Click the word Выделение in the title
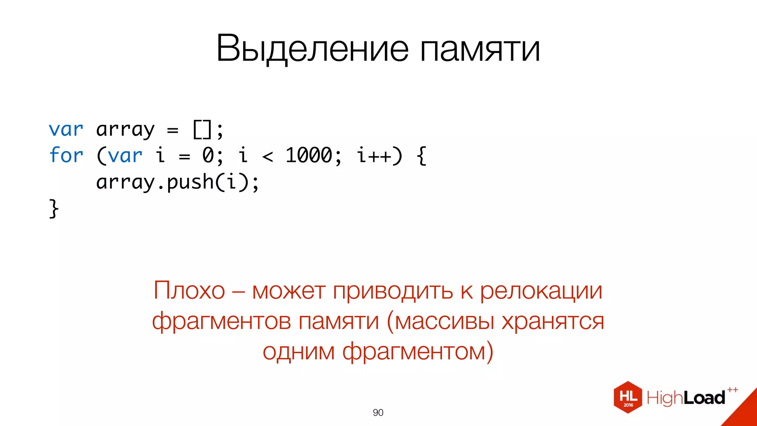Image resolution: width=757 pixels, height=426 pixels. pos(312,48)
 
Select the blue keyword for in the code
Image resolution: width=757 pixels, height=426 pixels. pos(66,155)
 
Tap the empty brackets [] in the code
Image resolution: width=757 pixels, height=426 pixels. pos(203,129)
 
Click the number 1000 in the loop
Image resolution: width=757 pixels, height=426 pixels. pos(309,155)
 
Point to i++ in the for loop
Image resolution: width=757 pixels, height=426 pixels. pos(374,155)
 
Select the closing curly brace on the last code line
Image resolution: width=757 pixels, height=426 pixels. pos(54,209)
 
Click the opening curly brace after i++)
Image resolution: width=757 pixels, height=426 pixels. pos(421,156)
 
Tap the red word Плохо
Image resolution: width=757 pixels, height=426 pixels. pos(189,291)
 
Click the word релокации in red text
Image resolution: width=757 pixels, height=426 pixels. pos(541,291)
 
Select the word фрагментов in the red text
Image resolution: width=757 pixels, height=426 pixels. pos(221,321)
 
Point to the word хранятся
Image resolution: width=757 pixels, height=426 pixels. pos(553,321)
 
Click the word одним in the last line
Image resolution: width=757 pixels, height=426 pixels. pos(298,351)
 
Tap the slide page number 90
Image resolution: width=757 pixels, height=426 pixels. pos(378,412)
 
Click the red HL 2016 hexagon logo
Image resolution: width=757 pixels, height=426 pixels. pos(628,397)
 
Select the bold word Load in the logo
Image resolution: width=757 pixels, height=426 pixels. pos(705,398)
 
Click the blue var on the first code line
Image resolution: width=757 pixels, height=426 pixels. pos(66,129)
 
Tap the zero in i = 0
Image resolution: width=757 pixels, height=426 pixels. pos(208,155)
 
